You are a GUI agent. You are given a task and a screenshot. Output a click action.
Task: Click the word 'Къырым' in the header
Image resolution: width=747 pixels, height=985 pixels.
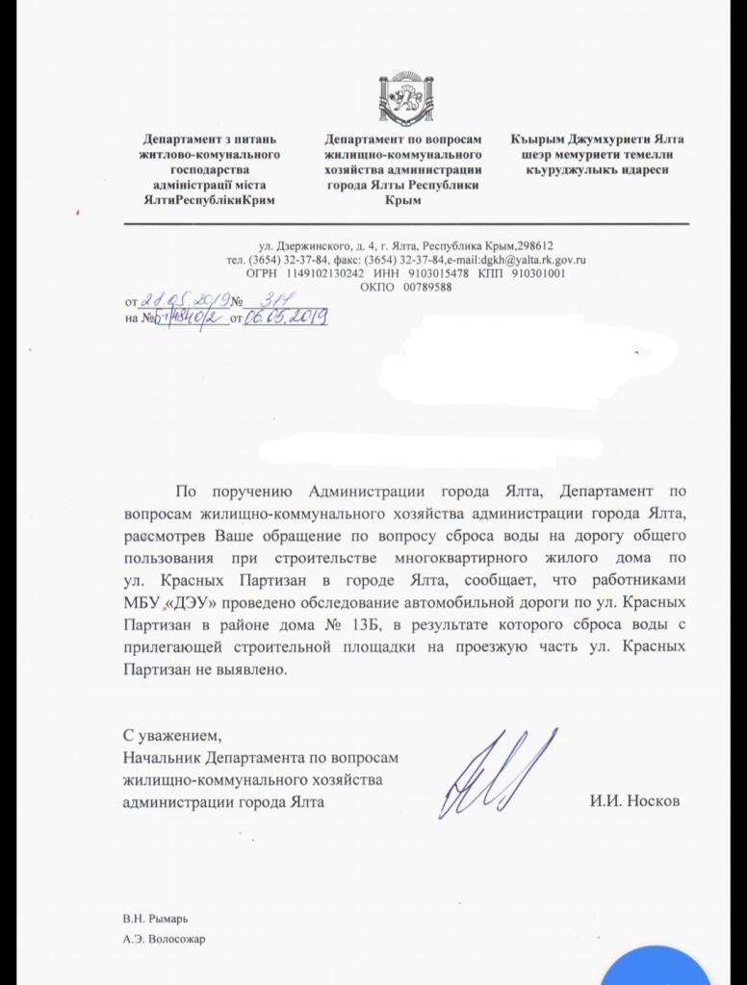(540, 140)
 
